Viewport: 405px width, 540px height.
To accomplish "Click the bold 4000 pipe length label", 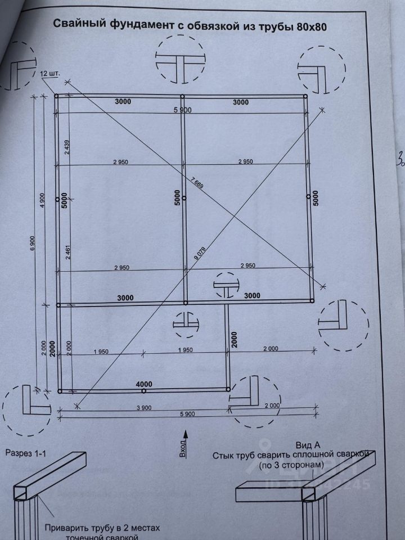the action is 144,384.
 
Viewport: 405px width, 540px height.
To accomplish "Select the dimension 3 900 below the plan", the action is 144,407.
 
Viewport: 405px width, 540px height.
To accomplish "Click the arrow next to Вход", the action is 187,434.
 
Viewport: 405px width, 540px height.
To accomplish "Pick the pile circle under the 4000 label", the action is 144,391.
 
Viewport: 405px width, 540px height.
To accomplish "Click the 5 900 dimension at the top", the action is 183,110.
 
